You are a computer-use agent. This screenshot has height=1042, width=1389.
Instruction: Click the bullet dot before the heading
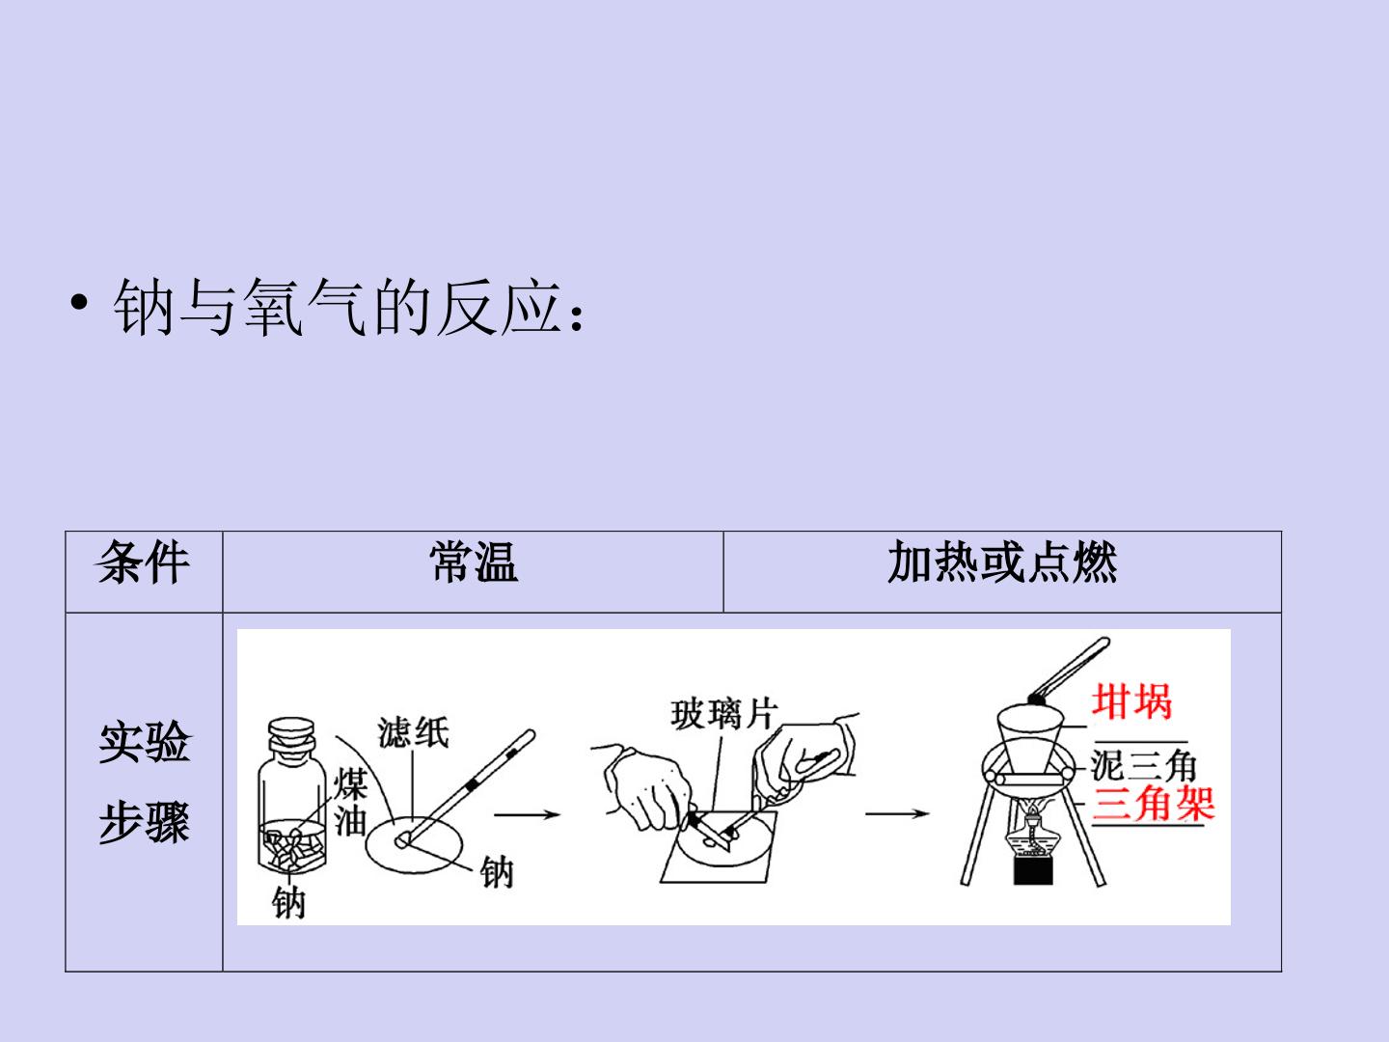(79, 302)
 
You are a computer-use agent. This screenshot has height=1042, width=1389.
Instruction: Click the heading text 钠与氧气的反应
(337, 307)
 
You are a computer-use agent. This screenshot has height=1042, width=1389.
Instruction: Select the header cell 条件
(144, 562)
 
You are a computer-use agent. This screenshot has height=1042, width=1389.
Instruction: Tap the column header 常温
(474, 562)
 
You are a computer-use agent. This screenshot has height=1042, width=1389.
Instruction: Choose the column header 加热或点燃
(1002, 562)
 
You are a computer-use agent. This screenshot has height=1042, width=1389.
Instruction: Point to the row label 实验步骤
(145, 781)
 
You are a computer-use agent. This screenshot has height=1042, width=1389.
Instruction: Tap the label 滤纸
(413, 732)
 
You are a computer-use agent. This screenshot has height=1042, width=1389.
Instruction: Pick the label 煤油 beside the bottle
(350, 802)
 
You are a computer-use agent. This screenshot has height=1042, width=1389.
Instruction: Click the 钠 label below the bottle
(288, 902)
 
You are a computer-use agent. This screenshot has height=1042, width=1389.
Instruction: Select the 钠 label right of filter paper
(497, 872)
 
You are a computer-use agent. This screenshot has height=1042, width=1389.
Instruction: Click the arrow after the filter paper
(527, 814)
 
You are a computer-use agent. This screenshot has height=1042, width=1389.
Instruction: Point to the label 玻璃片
(724, 714)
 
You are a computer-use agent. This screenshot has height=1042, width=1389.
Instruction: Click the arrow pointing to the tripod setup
(897, 813)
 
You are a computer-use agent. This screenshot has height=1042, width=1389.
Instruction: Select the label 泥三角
(1143, 765)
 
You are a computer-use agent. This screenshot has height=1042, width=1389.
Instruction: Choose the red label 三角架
(1153, 804)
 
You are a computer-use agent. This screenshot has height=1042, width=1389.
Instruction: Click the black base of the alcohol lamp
(1033, 870)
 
